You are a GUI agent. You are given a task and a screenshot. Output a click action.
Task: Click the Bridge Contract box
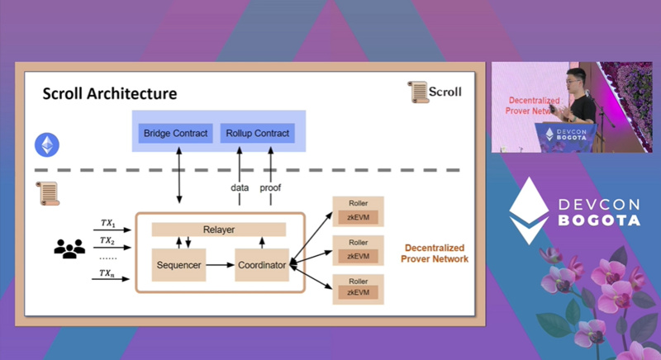tap(176, 133)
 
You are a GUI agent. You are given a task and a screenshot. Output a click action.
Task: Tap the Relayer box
tap(219, 229)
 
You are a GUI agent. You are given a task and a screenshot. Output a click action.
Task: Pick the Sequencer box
tap(179, 265)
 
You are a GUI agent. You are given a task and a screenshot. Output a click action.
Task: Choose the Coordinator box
tap(261, 265)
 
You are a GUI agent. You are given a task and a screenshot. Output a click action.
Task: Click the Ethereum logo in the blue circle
tap(47, 146)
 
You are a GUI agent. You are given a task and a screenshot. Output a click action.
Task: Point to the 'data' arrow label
tap(240, 188)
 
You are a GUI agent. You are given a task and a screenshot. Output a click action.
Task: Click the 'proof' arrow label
tap(270, 188)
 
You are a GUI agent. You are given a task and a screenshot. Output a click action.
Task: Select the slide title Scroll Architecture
tap(109, 94)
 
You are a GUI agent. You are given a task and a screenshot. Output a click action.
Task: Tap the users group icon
tap(69, 247)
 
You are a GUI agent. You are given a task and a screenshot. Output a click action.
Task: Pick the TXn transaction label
tap(107, 272)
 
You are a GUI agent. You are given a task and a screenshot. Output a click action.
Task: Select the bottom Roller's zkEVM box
tap(358, 292)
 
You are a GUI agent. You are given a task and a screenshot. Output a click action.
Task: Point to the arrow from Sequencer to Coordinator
tap(220, 265)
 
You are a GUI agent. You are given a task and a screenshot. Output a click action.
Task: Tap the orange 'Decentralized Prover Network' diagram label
tap(434, 253)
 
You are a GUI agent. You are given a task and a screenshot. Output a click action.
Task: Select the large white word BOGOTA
tap(599, 220)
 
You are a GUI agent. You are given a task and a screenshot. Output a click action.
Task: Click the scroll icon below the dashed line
tap(48, 193)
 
